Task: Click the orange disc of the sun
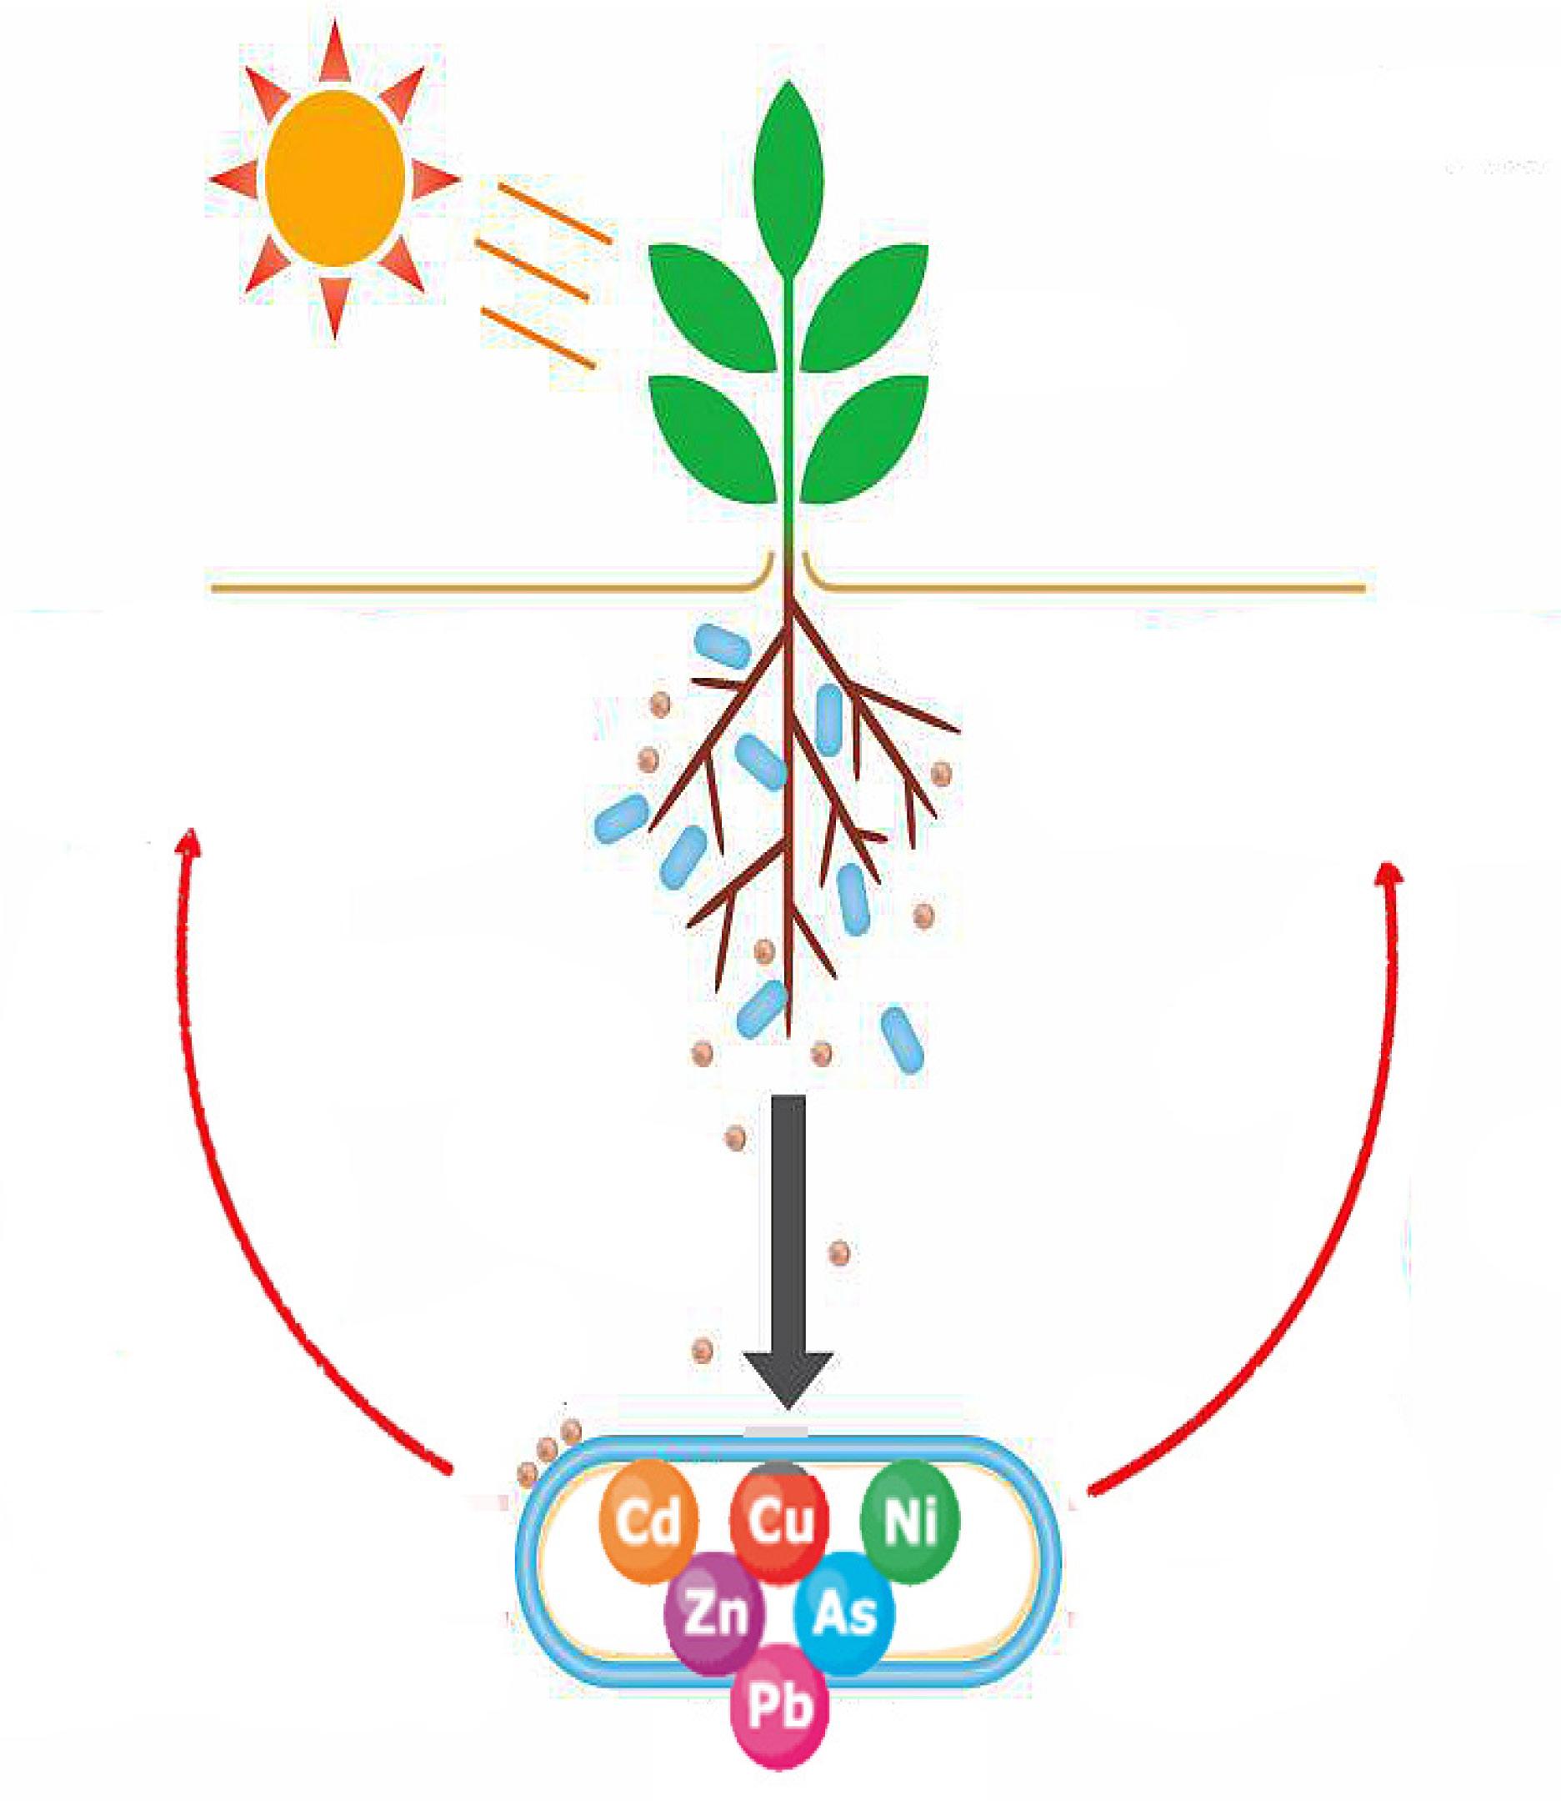click(x=335, y=178)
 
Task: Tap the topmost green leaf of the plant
click(x=789, y=178)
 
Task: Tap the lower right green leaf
click(x=865, y=440)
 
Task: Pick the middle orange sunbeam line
click(x=533, y=269)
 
